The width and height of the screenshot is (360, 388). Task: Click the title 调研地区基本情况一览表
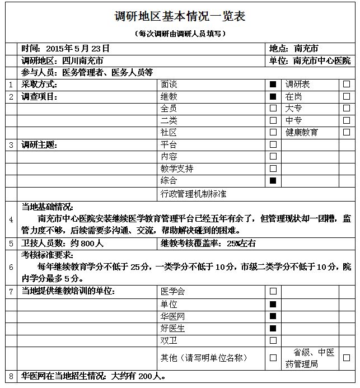click(180, 17)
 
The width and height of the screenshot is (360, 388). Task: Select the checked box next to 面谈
click(273, 85)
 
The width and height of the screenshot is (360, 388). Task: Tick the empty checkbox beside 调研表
click(347, 85)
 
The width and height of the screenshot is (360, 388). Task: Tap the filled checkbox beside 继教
click(273, 96)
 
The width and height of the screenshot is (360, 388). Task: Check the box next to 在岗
click(347, 96)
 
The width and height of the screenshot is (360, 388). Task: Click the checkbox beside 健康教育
click(347, 133)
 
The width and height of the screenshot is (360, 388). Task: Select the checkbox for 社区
click(273, 133)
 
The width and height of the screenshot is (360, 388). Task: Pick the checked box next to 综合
click(273, 181)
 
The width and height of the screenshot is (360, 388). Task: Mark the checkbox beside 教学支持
click(273, 169)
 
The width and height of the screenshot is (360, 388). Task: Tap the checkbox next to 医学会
click(273, 291)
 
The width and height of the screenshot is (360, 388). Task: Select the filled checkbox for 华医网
click(273, 316)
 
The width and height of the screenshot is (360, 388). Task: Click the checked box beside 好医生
click(273, 328)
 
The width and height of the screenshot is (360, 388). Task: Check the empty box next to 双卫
click(273, 340)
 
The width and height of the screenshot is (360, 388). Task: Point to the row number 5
click(11, 244)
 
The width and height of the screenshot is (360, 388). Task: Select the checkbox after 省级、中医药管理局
click(347, 358)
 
